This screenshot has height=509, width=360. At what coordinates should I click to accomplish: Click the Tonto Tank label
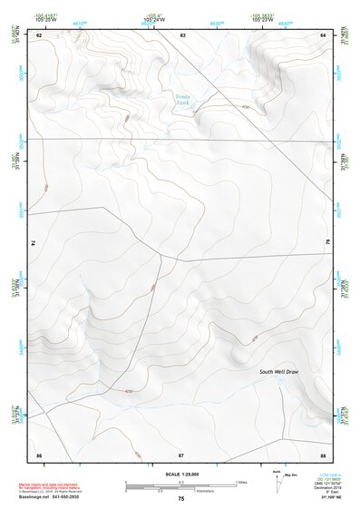[183, 100]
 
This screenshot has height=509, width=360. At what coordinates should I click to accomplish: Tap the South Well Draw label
[278, 372]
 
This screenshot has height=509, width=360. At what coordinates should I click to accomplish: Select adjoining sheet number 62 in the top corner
[39, 34]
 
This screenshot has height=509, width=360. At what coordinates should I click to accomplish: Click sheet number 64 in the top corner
[323, 34]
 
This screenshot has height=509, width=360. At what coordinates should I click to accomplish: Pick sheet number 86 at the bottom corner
[39, 453]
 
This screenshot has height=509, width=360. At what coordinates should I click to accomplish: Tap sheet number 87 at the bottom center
[181, 453]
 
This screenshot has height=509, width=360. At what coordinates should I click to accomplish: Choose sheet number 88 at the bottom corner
[323, 453]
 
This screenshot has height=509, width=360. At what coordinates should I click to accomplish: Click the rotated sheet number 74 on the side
[34, 243]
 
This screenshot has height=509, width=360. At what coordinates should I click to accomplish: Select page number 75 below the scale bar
[181, 498]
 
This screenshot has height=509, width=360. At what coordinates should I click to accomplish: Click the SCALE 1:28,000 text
[180, 474]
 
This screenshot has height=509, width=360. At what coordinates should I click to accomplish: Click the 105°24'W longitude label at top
[151, 19]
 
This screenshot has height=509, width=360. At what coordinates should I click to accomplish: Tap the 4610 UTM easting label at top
[80, 19]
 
